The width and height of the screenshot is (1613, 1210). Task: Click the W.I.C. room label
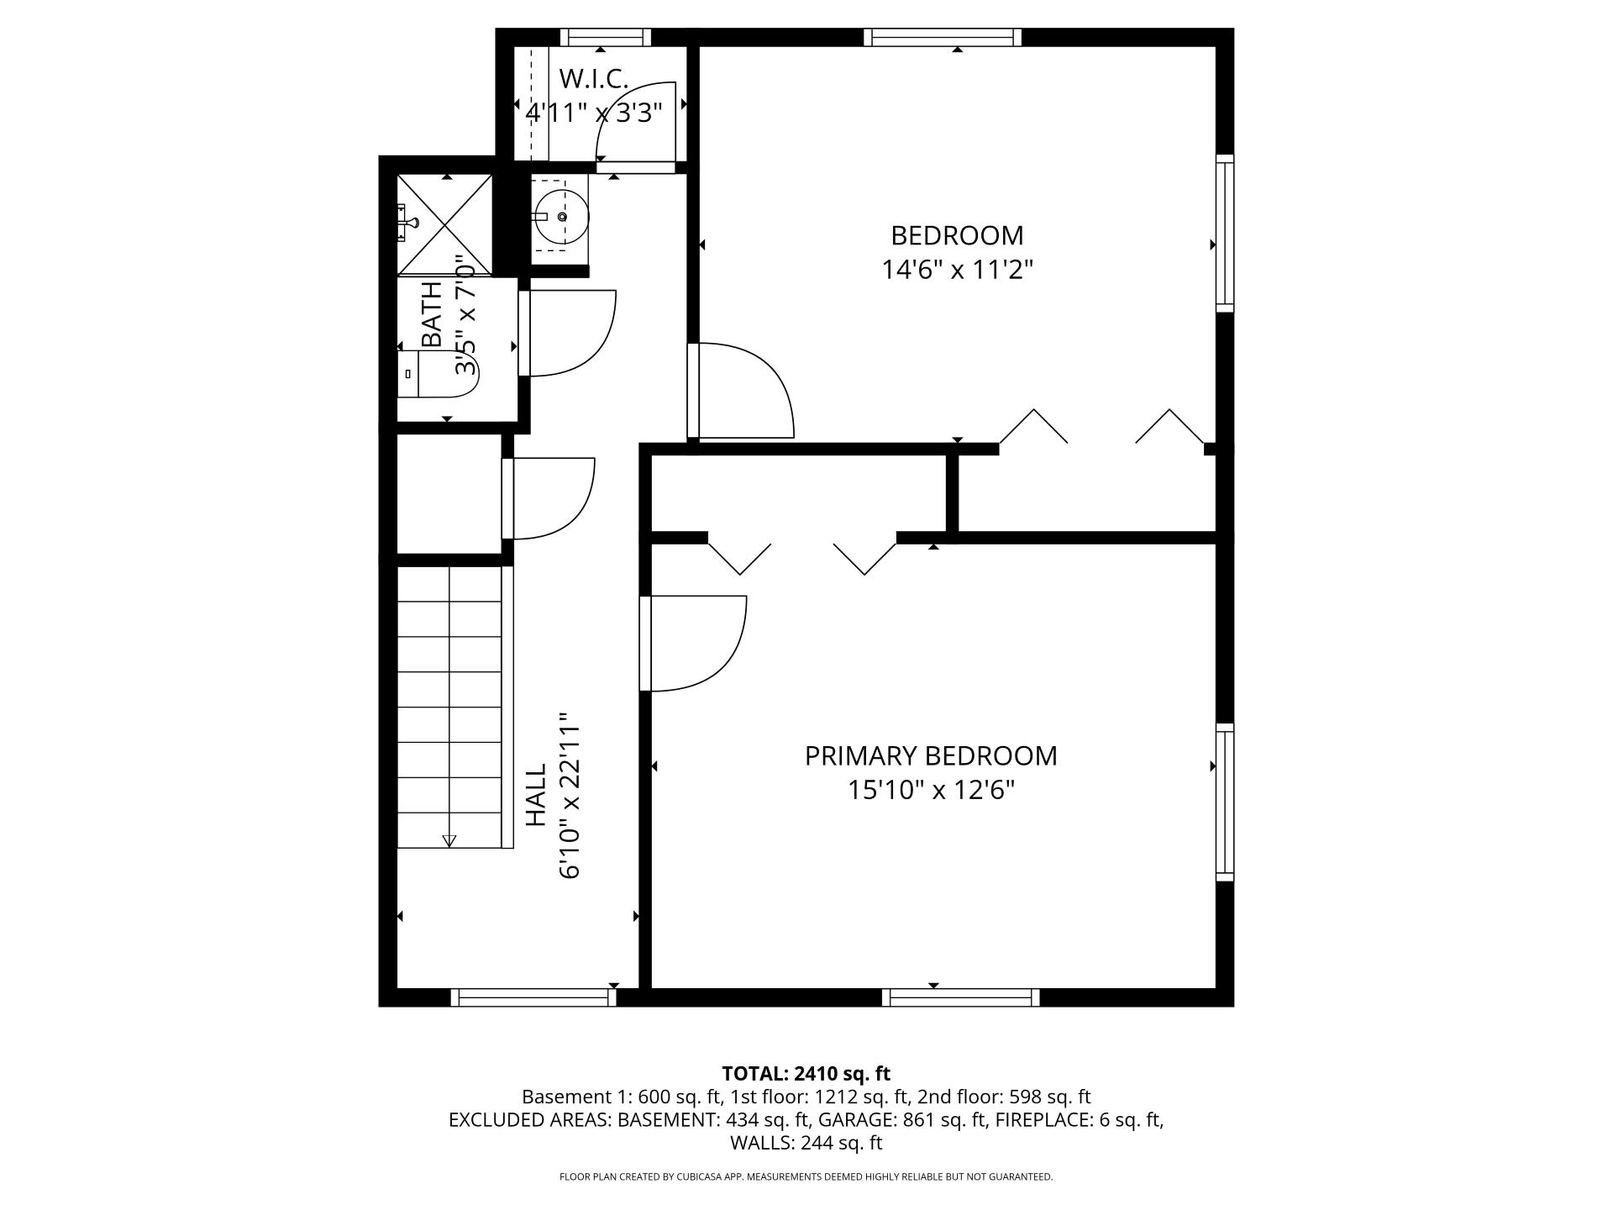593,79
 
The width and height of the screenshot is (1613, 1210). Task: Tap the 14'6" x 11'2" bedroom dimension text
956,270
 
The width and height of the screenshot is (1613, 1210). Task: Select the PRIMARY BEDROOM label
931,756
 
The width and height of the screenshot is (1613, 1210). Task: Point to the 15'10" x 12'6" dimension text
931,791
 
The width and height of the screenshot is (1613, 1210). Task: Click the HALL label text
536,795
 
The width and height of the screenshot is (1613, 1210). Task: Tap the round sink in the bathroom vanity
561,217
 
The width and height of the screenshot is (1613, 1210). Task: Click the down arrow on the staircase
449,839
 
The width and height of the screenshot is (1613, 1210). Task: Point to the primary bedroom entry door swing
696,643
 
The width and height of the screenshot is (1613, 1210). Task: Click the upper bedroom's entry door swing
743,391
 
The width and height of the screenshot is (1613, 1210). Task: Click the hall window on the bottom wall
533,997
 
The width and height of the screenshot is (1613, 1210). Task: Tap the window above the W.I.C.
606,37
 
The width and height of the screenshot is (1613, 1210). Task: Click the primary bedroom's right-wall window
1225,802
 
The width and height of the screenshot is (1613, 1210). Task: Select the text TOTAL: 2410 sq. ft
806,1074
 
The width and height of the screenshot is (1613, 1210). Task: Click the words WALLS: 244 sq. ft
806,1143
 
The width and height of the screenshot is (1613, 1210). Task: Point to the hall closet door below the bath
550,497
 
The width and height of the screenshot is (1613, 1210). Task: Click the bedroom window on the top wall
943,37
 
